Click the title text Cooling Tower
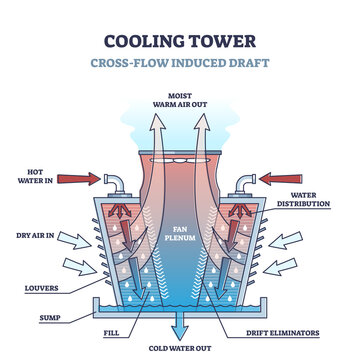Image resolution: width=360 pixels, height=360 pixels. [x=180, y=43]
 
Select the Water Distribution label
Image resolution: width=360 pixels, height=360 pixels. [x=317, y=199]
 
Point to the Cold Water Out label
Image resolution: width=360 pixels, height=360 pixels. [x=181, y=349]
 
